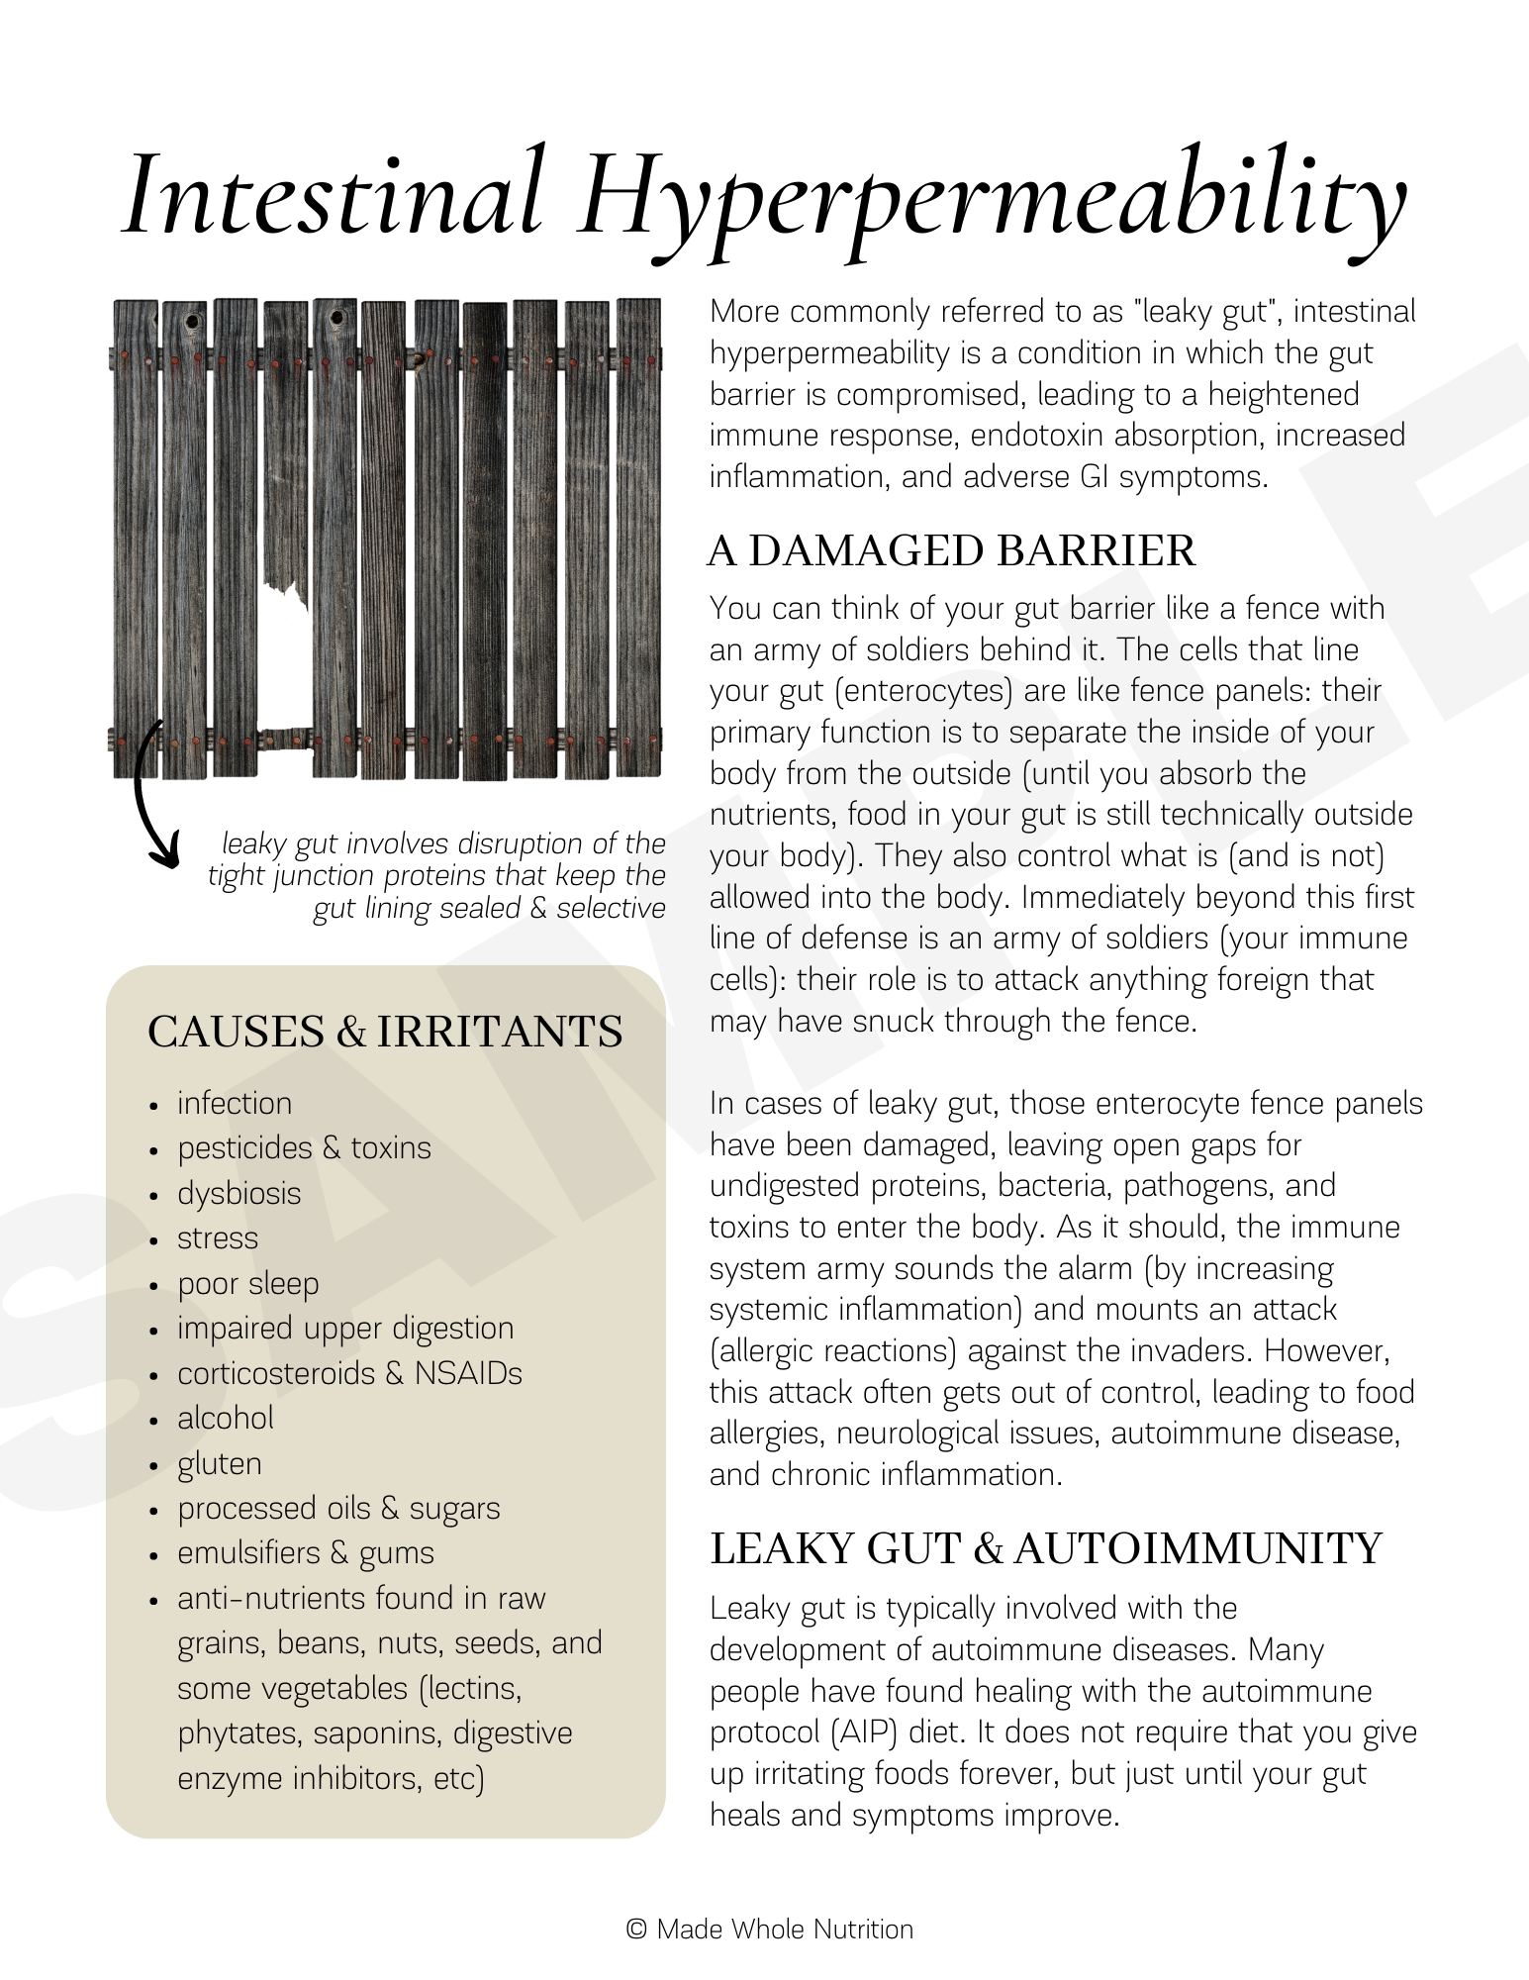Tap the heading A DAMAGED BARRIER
pyautogui.click(x=951, y=551)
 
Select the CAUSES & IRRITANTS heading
pyautogui.click(x=385, y=1032)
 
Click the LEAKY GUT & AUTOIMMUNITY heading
pyautogui.click(x=1045, y=1549)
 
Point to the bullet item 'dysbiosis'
pyautogui.click(x=239, y=1193)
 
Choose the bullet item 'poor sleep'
pyautogui.click(x=247, y=1283)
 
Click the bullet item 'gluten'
pyautogui.click(x=220, y=1463)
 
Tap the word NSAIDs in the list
pyautogui.click(x=467, y=1373)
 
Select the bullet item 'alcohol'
pyautogui.click(x=225, y=1418)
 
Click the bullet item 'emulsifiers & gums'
pyautogui.click(x=305, y=1552)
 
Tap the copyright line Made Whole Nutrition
pyautogui.click(x=770, y=1930)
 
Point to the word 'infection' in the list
pyautogui.click(x=235, y=1103)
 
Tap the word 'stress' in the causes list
pyautogui.click(x=217, y=1238)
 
